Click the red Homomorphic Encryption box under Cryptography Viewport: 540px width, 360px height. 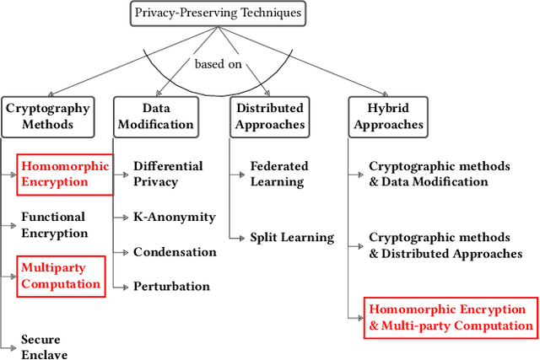(x=65, y=175)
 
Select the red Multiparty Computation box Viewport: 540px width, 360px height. (x=62, y=276)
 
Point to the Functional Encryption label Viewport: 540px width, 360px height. (x=54, y=225)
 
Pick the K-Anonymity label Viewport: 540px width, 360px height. (x=175, y=218)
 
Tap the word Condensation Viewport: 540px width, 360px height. (x=175, y=252)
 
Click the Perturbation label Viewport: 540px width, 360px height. (x=171, y=286)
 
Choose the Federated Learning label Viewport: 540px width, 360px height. (x=279, y=175)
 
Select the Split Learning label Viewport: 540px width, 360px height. (x=292, y=238)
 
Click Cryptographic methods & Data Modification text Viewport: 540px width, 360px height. (x=439, y=175)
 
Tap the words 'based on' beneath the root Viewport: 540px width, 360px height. (x=218, y=64)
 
